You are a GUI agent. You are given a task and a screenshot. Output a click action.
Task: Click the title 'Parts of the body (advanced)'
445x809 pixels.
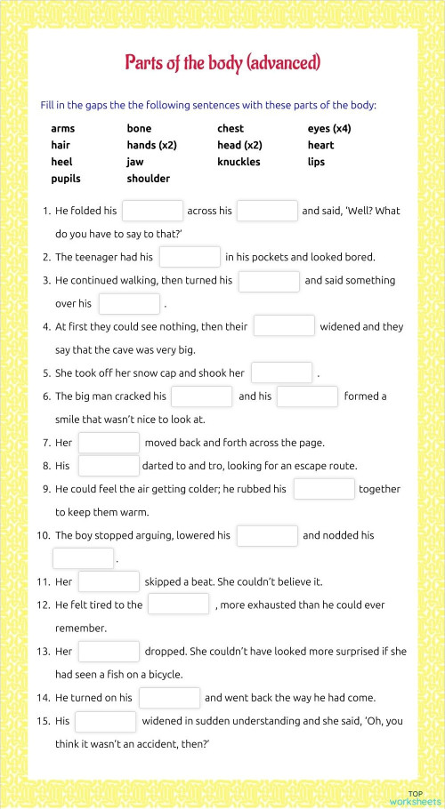pyautogui.click(x=222, y=62)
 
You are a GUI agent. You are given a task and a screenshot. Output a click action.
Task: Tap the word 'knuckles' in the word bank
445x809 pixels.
pyautogui.click(x=239, y=162)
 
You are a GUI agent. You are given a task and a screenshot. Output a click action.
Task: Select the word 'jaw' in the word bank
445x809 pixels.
pyautogui.click(x=135, y=162)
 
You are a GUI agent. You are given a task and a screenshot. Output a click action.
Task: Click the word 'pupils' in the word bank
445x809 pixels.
pyautogui.click(x=66, y=179)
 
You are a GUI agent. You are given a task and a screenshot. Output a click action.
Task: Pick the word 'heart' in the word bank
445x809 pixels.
pyautogui.click(x=320, y=145)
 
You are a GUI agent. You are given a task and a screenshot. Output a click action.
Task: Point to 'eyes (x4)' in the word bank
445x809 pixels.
pyautogui.click(x=329, y=129)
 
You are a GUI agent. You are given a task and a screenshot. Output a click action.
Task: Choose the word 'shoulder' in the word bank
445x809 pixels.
pyautogui.click(x=148, y=179)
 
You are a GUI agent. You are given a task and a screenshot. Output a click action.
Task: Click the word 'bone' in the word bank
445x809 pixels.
pyautogui.click(x=139, y=129)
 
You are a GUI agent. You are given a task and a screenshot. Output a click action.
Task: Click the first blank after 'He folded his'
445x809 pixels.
pyautogui.click(x=152, y=211)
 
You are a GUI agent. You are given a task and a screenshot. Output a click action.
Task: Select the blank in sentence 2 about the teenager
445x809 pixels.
pyautogui.click(x=190, y=257)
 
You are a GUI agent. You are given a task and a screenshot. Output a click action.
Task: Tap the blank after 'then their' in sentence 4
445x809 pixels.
pyautogui.click(x=284, y=326)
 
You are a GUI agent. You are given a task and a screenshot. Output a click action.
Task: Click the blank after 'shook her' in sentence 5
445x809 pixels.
pyautogui.click(x=281, y=372)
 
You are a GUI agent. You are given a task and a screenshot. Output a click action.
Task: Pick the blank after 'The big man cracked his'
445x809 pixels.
pyautogui.click(x=201, y=396)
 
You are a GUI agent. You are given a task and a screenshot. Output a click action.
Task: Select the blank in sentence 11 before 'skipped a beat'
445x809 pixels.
pyautogui.click(x=109, y=581)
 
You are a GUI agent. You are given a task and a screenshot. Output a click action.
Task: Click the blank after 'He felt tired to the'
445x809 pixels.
pyautogui.click(x=178, y=605)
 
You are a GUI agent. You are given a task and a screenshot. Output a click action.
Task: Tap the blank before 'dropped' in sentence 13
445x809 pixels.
pyautogui.click(x=109, y=652)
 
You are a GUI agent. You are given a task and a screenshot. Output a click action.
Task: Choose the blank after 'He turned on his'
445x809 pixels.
pyautogui.click(x=169, y=698)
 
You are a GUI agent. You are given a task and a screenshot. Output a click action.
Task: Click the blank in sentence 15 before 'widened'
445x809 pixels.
pyautogui.click(x=105, y=721)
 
